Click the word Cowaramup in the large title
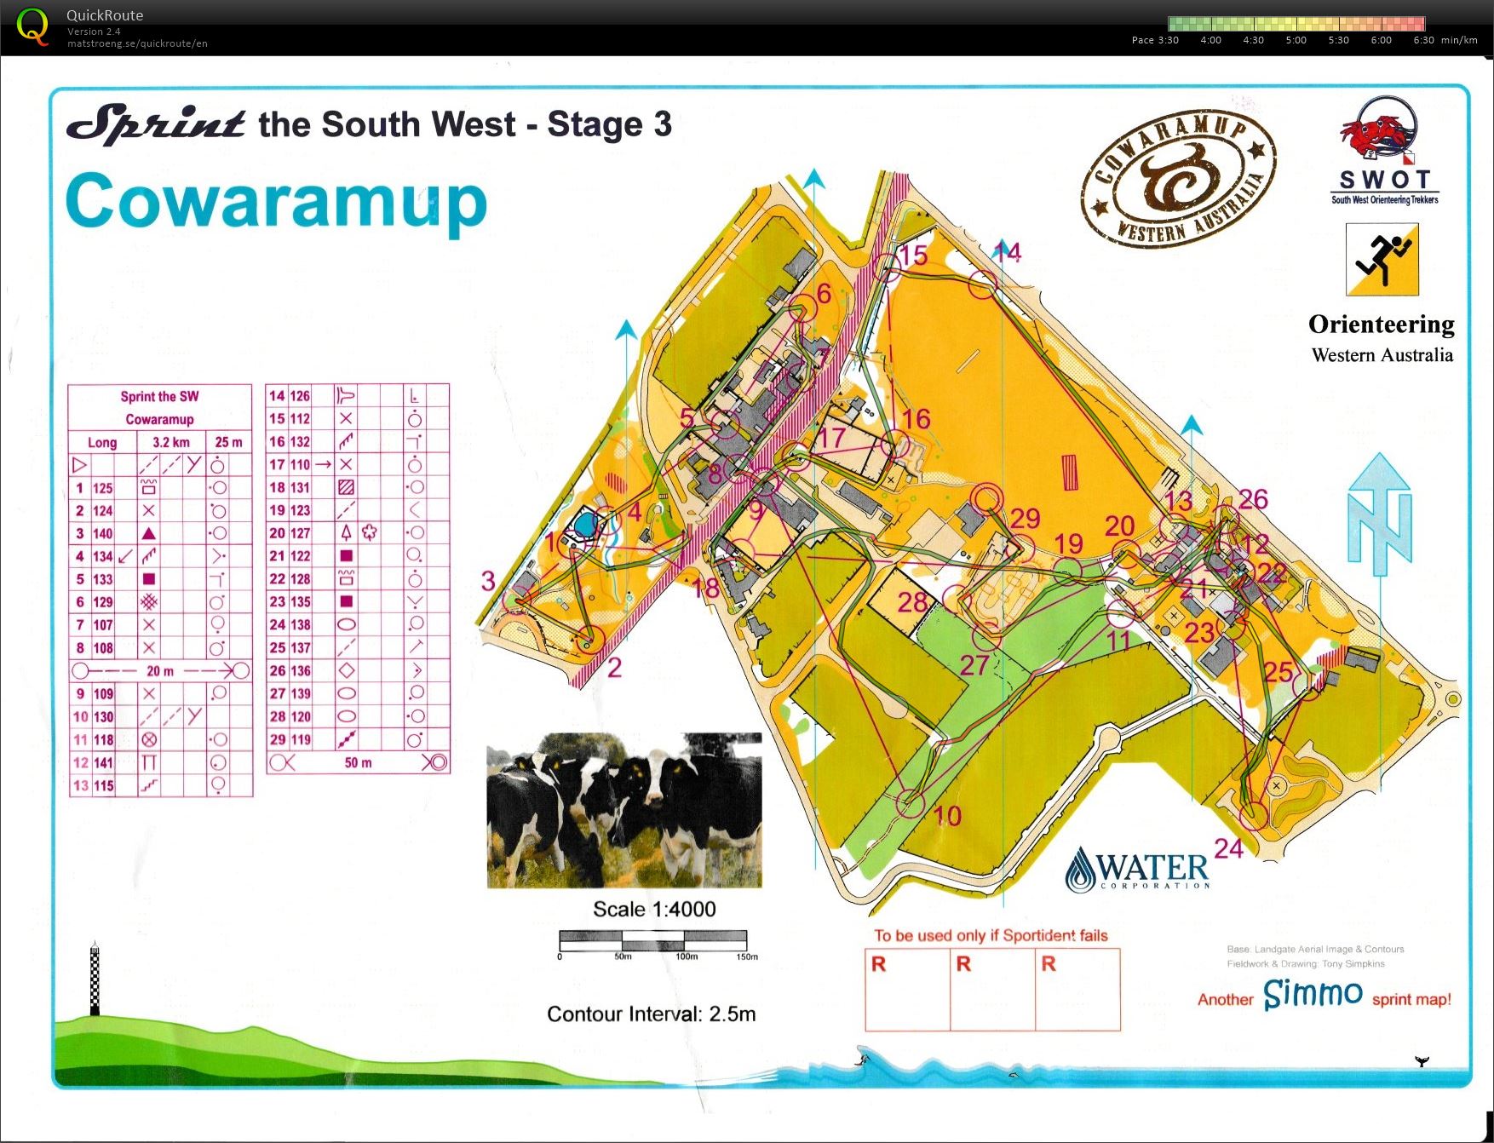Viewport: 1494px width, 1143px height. tap(277, 201)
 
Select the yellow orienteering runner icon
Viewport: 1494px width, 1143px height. tap(1382, 260)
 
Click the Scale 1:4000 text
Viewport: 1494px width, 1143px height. tap(654, 909)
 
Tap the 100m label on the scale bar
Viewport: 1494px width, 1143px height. tap(687, 956)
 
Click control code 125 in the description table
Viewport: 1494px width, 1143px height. tap(103, 488)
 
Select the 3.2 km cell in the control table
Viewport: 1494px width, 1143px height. tap(170, 442)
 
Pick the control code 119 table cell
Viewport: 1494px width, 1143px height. tap(300, 739)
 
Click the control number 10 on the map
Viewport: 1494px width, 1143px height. tap(947, 816)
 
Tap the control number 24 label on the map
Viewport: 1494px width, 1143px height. tap(1228, 848)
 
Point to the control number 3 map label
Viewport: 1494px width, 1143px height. tap(488, 581)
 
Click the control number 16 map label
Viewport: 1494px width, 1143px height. tap(916, 418)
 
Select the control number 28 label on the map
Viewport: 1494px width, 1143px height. tap(911, 602)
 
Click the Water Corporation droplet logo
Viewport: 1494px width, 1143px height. tap(1081, 870)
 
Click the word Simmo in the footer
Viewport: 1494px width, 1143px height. tap(1313, 993)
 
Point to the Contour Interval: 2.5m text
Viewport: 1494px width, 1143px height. tap(651, 1014)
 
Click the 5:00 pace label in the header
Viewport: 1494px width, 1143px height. tap(1296, 40)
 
